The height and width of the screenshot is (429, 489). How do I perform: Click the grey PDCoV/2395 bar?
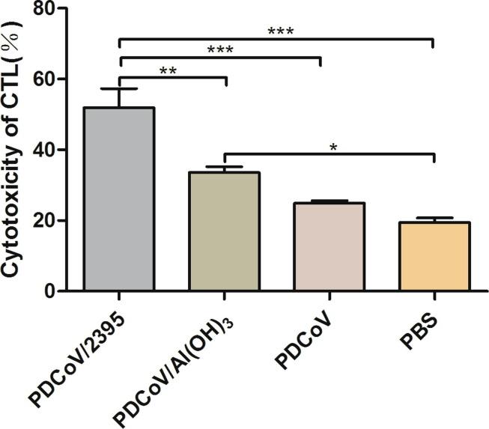pyautogui.click(x=120, y=199)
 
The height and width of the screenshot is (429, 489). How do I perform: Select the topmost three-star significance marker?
pyautogui.click(x=276, y=31)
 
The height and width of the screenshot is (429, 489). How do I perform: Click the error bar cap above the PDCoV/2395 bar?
pyautogui.click(x=120, y=88)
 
